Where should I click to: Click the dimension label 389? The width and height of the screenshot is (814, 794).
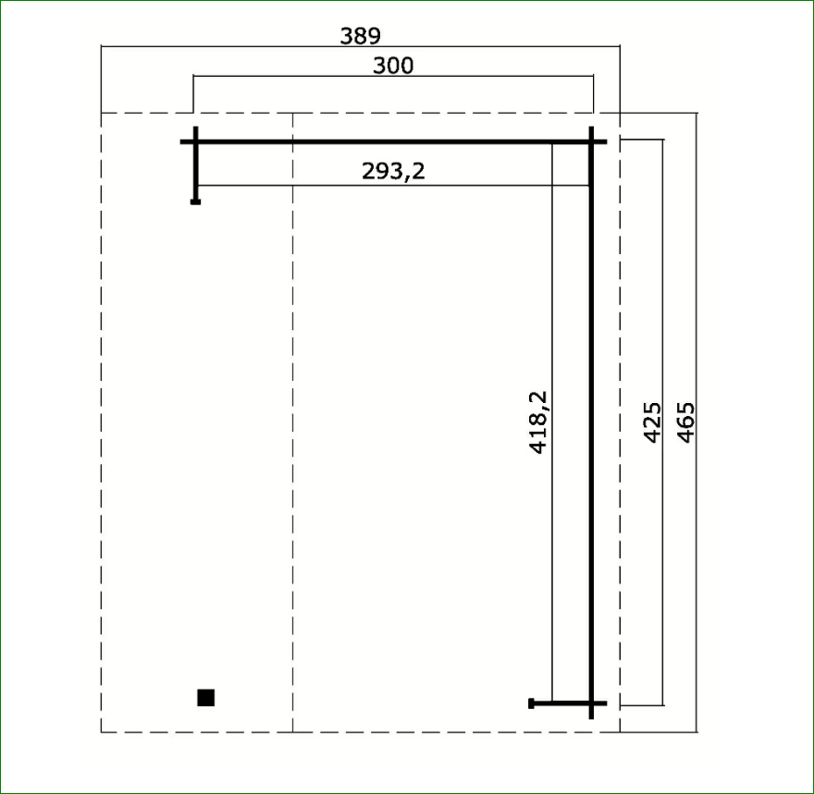tap(360, 36)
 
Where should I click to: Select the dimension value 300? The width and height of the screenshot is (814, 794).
tap(393, 66)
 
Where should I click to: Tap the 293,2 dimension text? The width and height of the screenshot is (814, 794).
tap(393, 171)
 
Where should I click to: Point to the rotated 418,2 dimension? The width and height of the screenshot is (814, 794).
tap(539, 422)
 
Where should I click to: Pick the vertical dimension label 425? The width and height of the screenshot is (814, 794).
tap(652, 422)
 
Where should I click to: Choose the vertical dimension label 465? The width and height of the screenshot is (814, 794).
tap(685, 422)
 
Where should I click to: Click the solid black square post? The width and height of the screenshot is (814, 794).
tap(206, 698)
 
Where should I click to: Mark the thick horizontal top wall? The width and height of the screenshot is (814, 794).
tap(393, 141)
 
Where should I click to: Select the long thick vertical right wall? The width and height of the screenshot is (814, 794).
tap(591, 422)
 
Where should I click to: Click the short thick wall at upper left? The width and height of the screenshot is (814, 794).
tap(196, 165)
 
